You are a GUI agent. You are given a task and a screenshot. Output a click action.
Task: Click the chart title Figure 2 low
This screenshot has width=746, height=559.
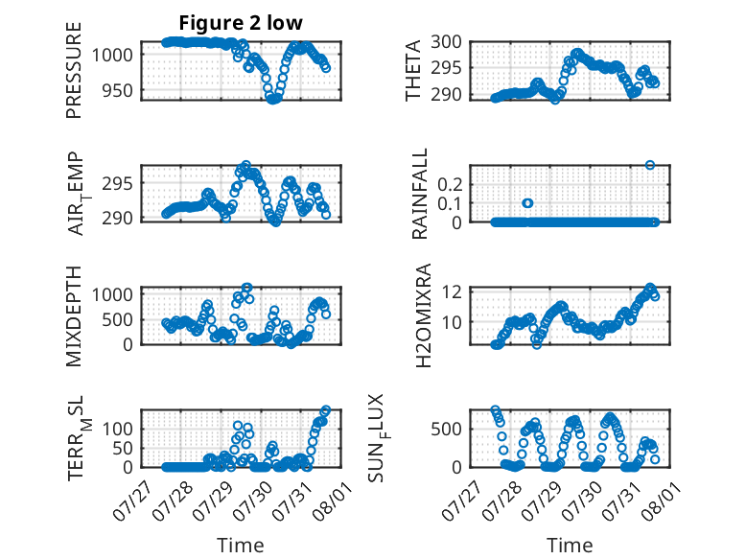[241, 23]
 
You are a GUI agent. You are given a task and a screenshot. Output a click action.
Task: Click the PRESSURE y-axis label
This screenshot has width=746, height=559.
[74, 70]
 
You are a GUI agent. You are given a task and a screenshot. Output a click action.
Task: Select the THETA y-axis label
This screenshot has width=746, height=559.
[413, 70]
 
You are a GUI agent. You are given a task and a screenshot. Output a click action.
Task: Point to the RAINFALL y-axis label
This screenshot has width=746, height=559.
[420, 194]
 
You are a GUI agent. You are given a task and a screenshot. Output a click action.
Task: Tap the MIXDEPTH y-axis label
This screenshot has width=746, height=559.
[74, 316]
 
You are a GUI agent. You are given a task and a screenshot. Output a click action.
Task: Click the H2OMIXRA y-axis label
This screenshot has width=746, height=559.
[423, 315]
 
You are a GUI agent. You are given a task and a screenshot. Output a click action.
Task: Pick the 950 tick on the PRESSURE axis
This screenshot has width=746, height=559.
[118, 90]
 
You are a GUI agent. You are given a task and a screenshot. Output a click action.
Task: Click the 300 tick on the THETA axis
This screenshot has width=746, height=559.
[446, 42]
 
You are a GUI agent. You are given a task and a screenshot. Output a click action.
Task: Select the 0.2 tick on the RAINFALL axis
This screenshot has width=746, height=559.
[450, 184]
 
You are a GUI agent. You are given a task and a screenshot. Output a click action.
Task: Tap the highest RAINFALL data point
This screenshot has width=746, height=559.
[650, 165]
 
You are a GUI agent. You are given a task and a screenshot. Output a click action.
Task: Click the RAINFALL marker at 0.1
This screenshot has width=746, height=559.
[527, 203]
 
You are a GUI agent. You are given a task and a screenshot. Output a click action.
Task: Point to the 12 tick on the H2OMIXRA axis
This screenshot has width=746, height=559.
[452, 291]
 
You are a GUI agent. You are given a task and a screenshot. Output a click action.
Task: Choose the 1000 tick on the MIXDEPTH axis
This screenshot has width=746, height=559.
[112, 294]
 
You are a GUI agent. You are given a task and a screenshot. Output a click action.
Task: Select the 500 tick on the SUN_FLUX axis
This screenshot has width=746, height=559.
[446, 429]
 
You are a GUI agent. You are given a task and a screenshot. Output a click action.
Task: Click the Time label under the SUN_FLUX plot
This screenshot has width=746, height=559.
[570, 546]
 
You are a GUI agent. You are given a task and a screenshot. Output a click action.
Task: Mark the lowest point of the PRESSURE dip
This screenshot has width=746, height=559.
[272, 100]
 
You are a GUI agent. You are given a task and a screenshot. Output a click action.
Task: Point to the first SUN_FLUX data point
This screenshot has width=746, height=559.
[496, 410]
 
